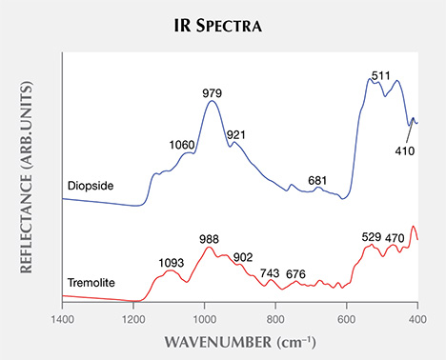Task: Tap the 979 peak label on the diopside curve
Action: pos(212,92)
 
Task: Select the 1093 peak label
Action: pos(172,260)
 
